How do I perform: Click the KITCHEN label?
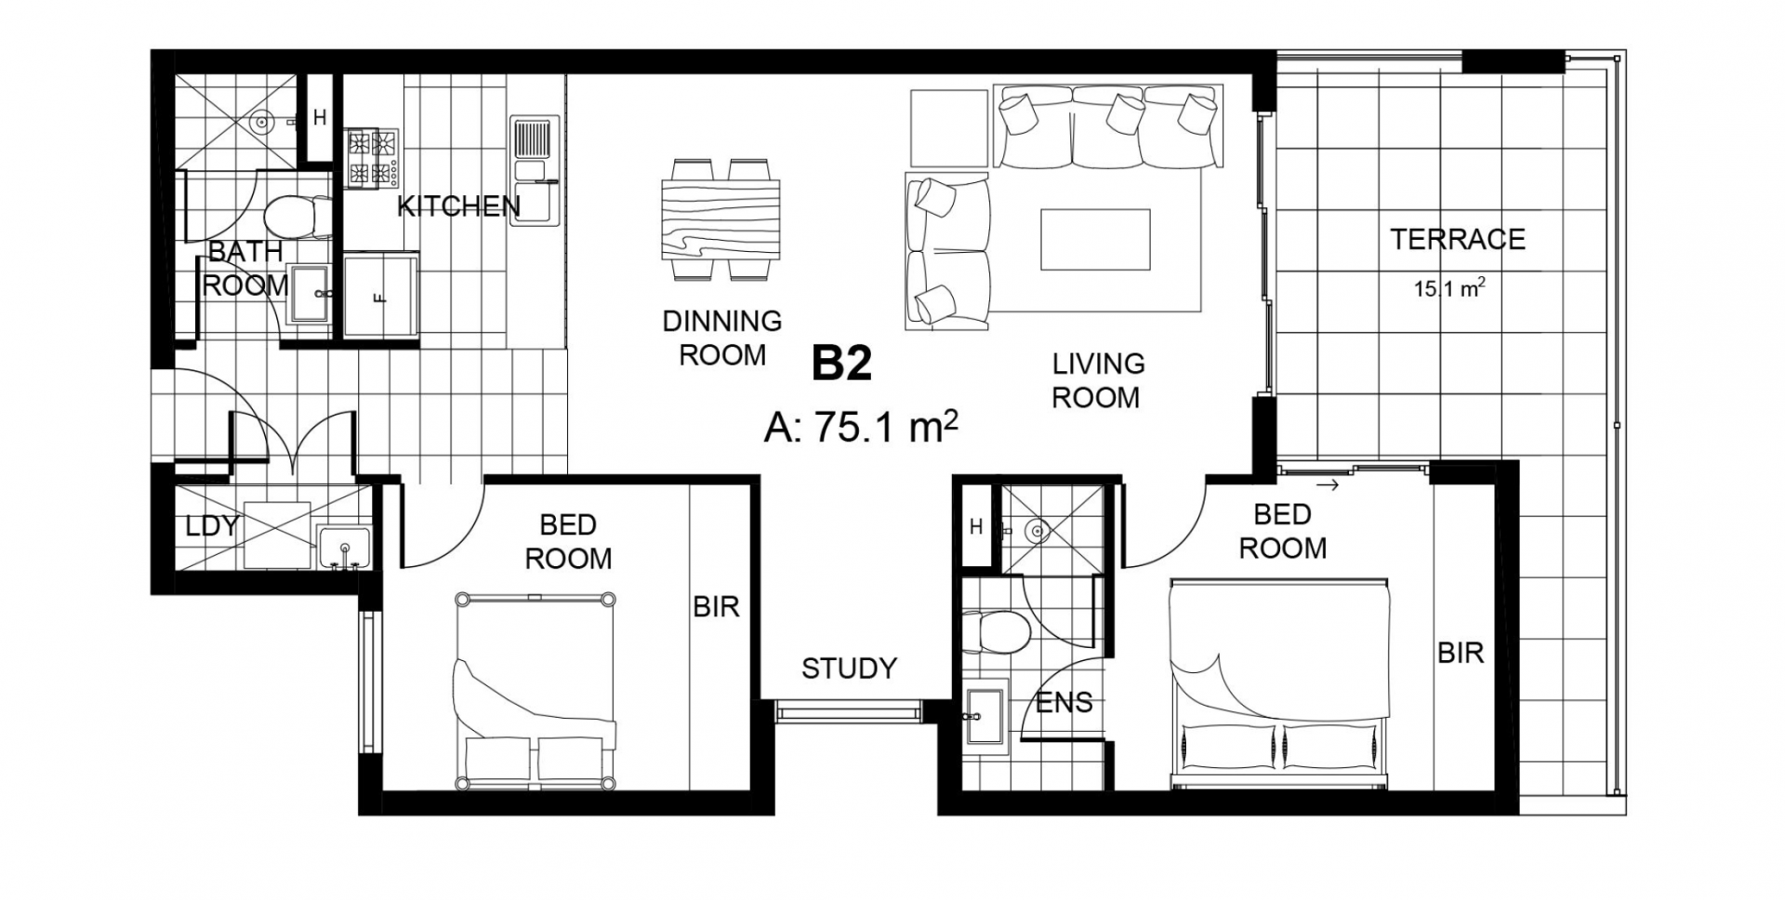pos(458,206)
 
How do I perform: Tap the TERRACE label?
pos(1458,240)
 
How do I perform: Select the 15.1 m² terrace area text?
pos(1449,287)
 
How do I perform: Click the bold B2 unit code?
pos(842,364)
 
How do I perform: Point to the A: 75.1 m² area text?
pos(861,428)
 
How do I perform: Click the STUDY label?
pos(849,668)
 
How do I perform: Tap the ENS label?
pos(1064,703)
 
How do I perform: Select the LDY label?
pos(212,526)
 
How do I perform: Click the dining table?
pos(721,219)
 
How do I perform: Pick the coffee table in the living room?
pos(1095,239)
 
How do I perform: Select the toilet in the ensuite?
pos(996,632)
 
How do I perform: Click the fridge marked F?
pos(381,296)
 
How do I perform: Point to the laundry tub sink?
pos(345,547)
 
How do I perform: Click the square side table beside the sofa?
pos(949,128)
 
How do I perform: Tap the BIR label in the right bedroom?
pos(1461,654)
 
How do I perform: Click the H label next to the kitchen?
pos(320,118)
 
